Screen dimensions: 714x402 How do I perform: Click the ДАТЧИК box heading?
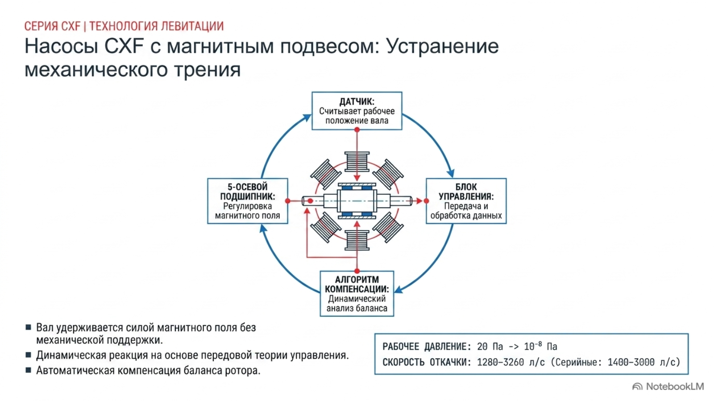pos(357,102)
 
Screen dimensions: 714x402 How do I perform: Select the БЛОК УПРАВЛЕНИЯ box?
pos(466,201)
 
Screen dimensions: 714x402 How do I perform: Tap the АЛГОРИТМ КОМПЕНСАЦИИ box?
pos(357,293)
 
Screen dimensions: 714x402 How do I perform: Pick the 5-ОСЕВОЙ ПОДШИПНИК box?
pos(247,201)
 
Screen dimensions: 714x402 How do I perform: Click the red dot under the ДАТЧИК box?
pos(357,130)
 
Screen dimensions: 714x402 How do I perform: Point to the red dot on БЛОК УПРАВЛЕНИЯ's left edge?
pos(426,201)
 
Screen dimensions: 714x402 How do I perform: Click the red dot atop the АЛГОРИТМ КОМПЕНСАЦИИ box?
pos(357,271)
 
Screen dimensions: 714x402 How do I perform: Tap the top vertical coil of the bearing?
pos(357,162)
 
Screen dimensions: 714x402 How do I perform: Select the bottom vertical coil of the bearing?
pos(357,240)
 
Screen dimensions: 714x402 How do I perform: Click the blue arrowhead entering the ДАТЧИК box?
pos(307,118)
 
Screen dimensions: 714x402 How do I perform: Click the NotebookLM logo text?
pos(675,387)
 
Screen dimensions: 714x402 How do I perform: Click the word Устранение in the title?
pos(442,46)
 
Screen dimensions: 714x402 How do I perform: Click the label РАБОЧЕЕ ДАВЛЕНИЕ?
pos(427,347)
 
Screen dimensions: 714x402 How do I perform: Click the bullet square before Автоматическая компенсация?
pos(29,370)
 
